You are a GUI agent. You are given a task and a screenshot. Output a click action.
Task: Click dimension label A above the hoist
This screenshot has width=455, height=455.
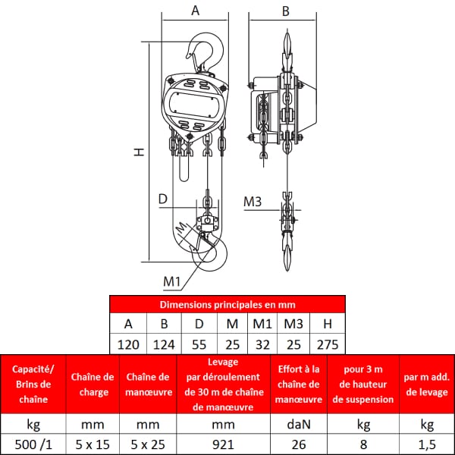[x=196, y=11]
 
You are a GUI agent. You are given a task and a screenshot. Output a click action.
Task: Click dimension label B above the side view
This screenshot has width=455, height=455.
[x=286, y=11]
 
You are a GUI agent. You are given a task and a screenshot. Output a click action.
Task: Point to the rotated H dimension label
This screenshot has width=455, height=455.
[x=139, y=152]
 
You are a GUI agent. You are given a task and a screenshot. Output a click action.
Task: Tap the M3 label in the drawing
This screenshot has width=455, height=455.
[x=253, y=202]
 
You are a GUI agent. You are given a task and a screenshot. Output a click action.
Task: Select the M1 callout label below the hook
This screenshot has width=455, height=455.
[x=172, y=281]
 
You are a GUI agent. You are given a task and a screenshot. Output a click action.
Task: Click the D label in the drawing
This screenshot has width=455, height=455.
[x=163, y=199]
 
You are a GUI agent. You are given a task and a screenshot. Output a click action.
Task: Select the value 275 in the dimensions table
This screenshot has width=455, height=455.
[x=328, y=345]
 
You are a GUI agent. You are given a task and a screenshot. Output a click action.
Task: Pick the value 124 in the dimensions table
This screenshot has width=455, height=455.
[x=164, y=345]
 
